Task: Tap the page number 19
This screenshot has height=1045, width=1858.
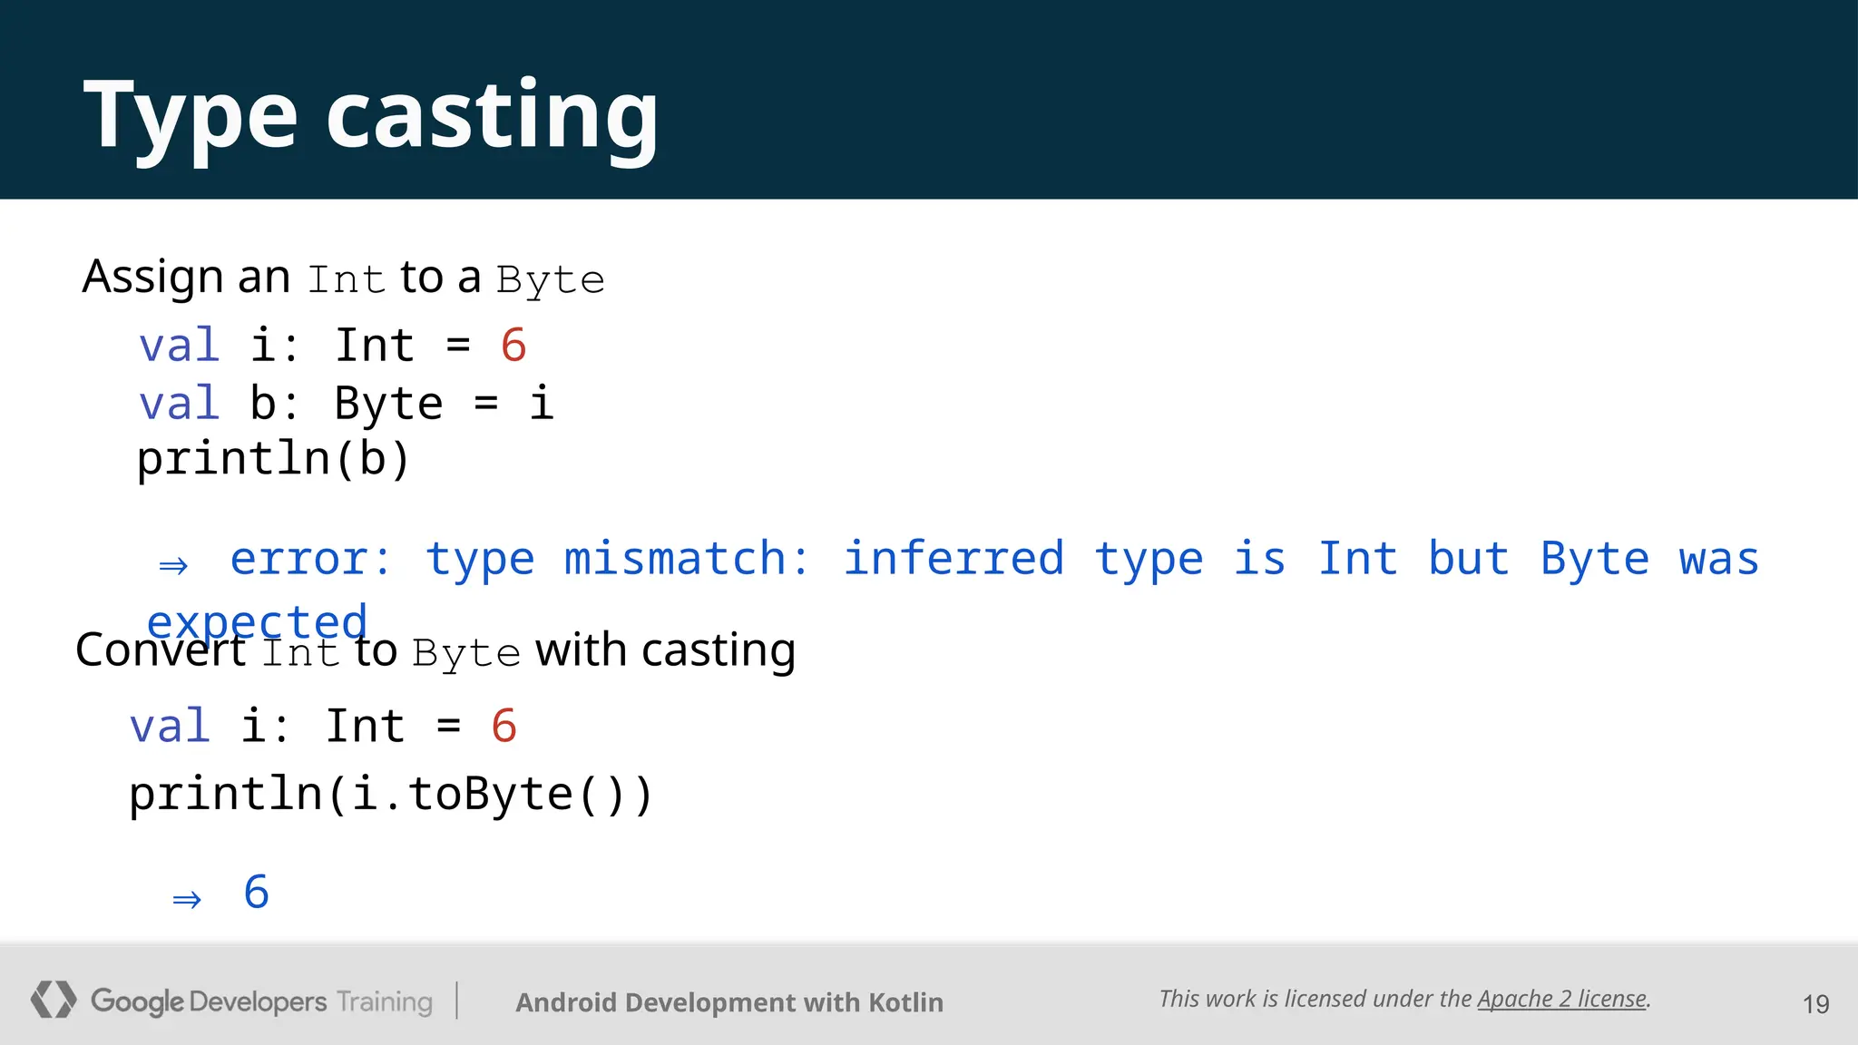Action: (1815, 1004)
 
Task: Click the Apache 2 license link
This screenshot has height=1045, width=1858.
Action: (1561, 999)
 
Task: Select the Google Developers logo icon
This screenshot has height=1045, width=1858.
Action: (53, 1000)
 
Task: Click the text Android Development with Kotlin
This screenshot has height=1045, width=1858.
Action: (729, 1002)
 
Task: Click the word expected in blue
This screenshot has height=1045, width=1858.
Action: (258, 622)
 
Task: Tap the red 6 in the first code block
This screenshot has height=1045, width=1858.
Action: (513, 346)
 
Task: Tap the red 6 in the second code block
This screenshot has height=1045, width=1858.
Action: (504, 727)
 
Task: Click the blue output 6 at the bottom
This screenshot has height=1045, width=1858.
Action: (257, 893)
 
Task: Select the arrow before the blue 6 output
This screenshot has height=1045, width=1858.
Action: (187, 899)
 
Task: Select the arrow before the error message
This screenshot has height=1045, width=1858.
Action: (173, 566)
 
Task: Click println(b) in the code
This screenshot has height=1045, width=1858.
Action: (273, 459)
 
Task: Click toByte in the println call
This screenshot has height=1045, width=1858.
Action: (490, 795)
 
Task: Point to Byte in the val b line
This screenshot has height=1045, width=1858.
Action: (388, 404)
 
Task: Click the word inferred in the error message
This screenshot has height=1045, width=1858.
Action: (953, 558)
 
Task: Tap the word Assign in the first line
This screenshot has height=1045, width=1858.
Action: (152, 277)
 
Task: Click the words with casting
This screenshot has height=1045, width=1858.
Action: (665, 650)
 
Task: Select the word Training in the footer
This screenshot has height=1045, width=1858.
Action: (385, 1001)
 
